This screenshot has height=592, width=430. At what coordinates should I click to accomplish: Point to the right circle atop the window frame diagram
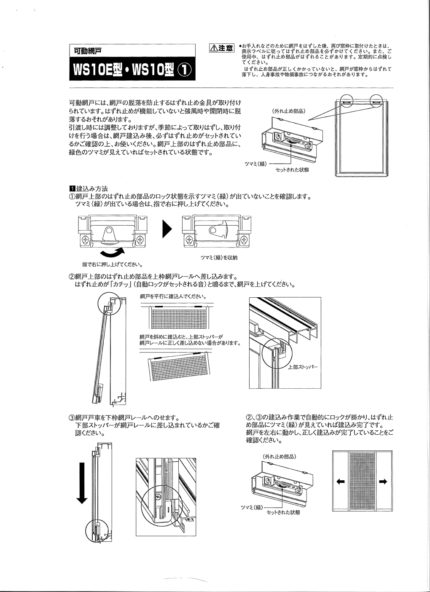(378, 101)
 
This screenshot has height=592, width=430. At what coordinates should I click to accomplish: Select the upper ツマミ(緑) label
(255, 163)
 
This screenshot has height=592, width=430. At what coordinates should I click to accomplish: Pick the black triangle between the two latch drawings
(167, 230)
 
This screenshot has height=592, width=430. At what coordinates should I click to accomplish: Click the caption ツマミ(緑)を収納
(219, 258)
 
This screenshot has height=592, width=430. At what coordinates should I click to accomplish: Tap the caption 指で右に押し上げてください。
(112, 265)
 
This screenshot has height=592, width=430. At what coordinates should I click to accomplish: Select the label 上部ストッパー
(303, 367)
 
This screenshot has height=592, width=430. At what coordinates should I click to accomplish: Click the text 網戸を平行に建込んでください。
(172, 296)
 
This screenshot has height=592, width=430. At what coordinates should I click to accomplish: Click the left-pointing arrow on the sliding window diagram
(341, 482)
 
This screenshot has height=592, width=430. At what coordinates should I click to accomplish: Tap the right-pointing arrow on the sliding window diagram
(383, 482)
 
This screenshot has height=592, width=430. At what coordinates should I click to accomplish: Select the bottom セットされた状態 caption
(283, 512)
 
